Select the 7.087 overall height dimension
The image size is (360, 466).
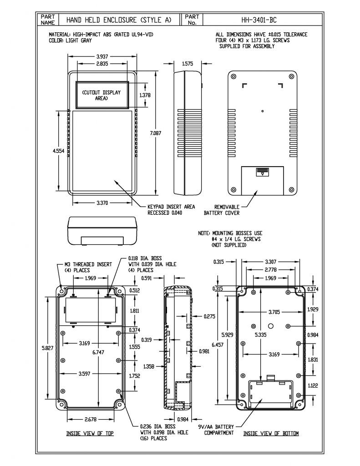(156, 133)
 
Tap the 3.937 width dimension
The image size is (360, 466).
(102, 56)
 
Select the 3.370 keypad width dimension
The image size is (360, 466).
(102, 203)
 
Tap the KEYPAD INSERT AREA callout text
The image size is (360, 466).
(171, 210)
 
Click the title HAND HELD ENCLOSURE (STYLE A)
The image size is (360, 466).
(119, 20)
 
